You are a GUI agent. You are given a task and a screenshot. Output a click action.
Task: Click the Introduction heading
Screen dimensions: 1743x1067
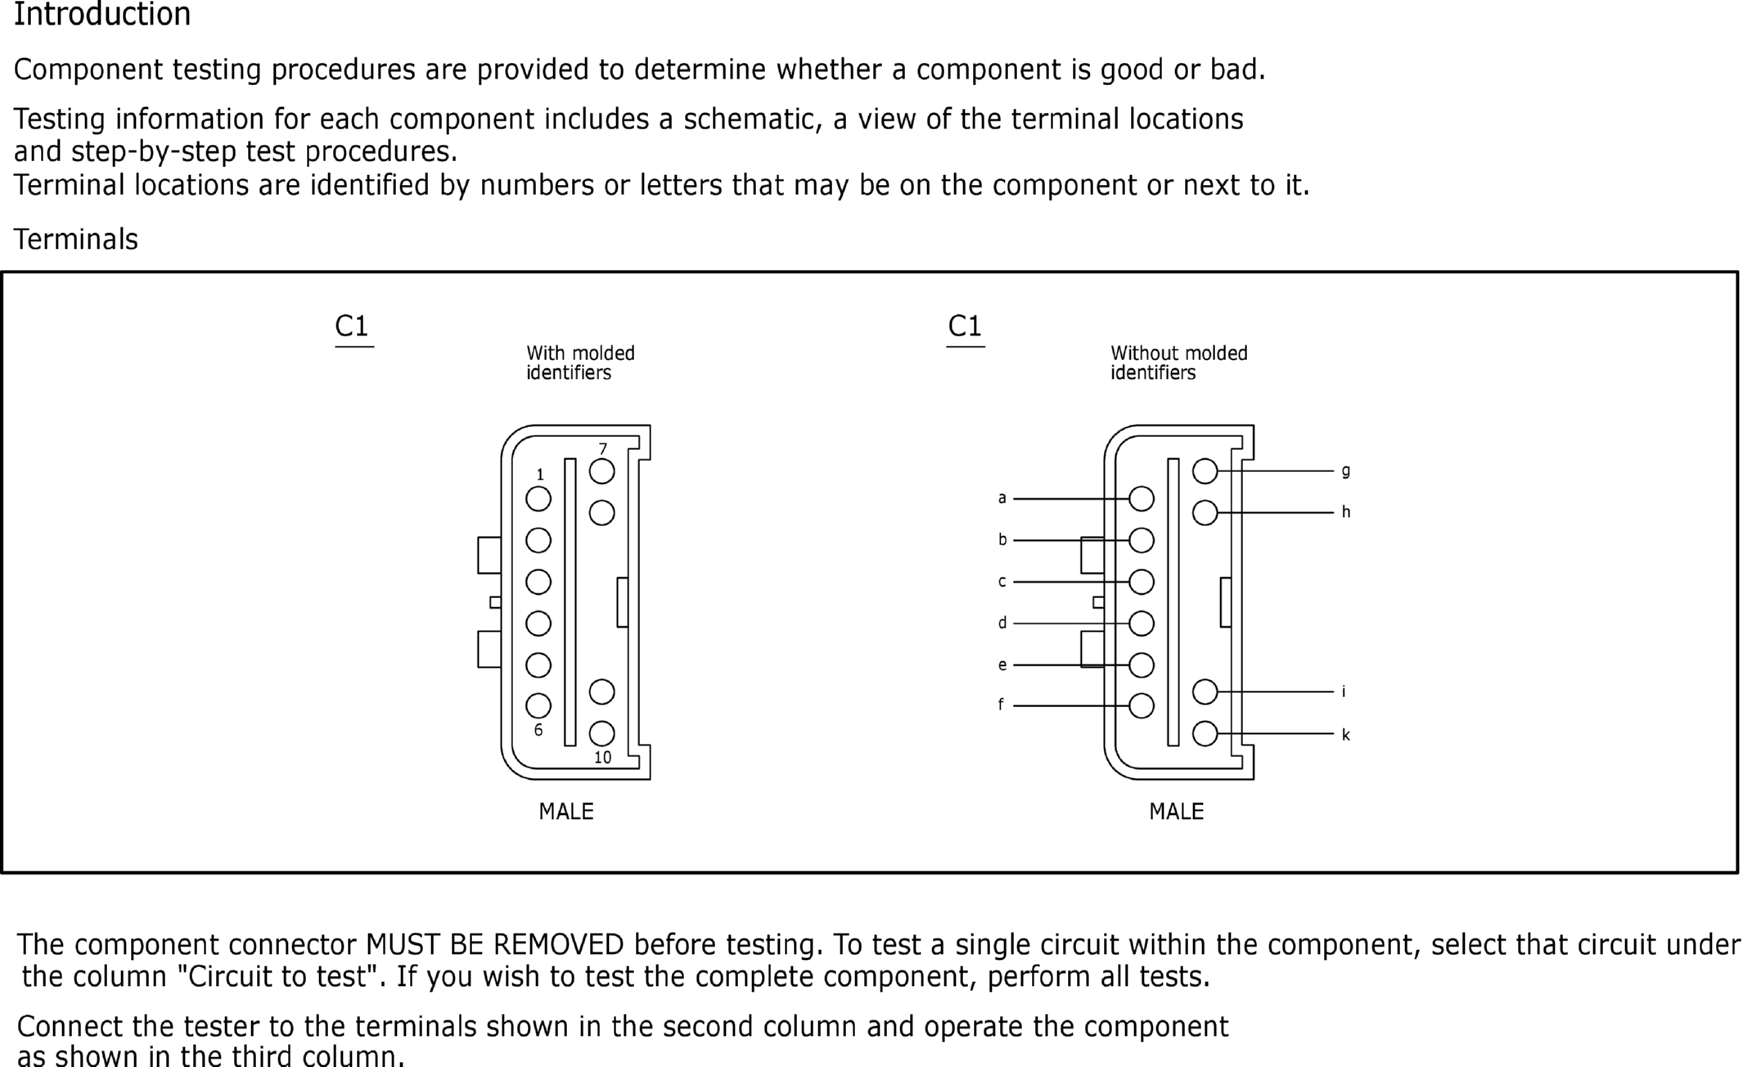[102, 14]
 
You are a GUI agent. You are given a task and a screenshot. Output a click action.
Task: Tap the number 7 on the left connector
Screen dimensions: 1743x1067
[603, 448]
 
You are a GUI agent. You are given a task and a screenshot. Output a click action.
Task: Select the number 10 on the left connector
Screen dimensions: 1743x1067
[602, 758]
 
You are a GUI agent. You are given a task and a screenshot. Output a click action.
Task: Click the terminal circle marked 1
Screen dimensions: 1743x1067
[538, 498]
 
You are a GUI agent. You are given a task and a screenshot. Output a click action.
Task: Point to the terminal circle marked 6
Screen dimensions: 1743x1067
[538, 705]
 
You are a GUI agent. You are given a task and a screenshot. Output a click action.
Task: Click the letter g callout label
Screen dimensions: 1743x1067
[1345, 470]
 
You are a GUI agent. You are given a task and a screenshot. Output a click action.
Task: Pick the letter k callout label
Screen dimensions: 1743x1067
[1345, 735]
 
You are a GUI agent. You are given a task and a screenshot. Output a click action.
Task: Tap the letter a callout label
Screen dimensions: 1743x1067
[1002, 497]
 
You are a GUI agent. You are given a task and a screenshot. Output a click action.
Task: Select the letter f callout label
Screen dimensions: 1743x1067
[1001, 705]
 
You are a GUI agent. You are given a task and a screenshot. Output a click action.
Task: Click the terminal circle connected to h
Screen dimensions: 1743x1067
[1205, 513]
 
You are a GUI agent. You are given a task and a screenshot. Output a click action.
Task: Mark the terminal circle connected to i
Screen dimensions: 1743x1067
[1205, 691]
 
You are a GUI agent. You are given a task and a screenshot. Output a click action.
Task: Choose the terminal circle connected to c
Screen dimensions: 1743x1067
[1142, 582]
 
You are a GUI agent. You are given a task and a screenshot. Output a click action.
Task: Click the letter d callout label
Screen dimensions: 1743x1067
[1002, 623]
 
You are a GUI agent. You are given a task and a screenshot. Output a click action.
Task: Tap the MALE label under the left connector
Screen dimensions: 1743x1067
[566, 812]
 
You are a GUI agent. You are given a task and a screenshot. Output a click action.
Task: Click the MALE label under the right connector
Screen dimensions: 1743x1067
[1177, 812]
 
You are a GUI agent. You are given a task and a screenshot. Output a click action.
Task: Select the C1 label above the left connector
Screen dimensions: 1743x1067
[352, 326]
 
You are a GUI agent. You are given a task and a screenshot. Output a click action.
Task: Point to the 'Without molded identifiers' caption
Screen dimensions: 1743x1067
[1179, 362]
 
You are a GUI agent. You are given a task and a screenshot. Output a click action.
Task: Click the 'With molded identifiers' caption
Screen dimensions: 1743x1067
[580, 362]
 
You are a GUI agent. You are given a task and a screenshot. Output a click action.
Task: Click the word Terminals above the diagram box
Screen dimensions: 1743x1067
[76, 240]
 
